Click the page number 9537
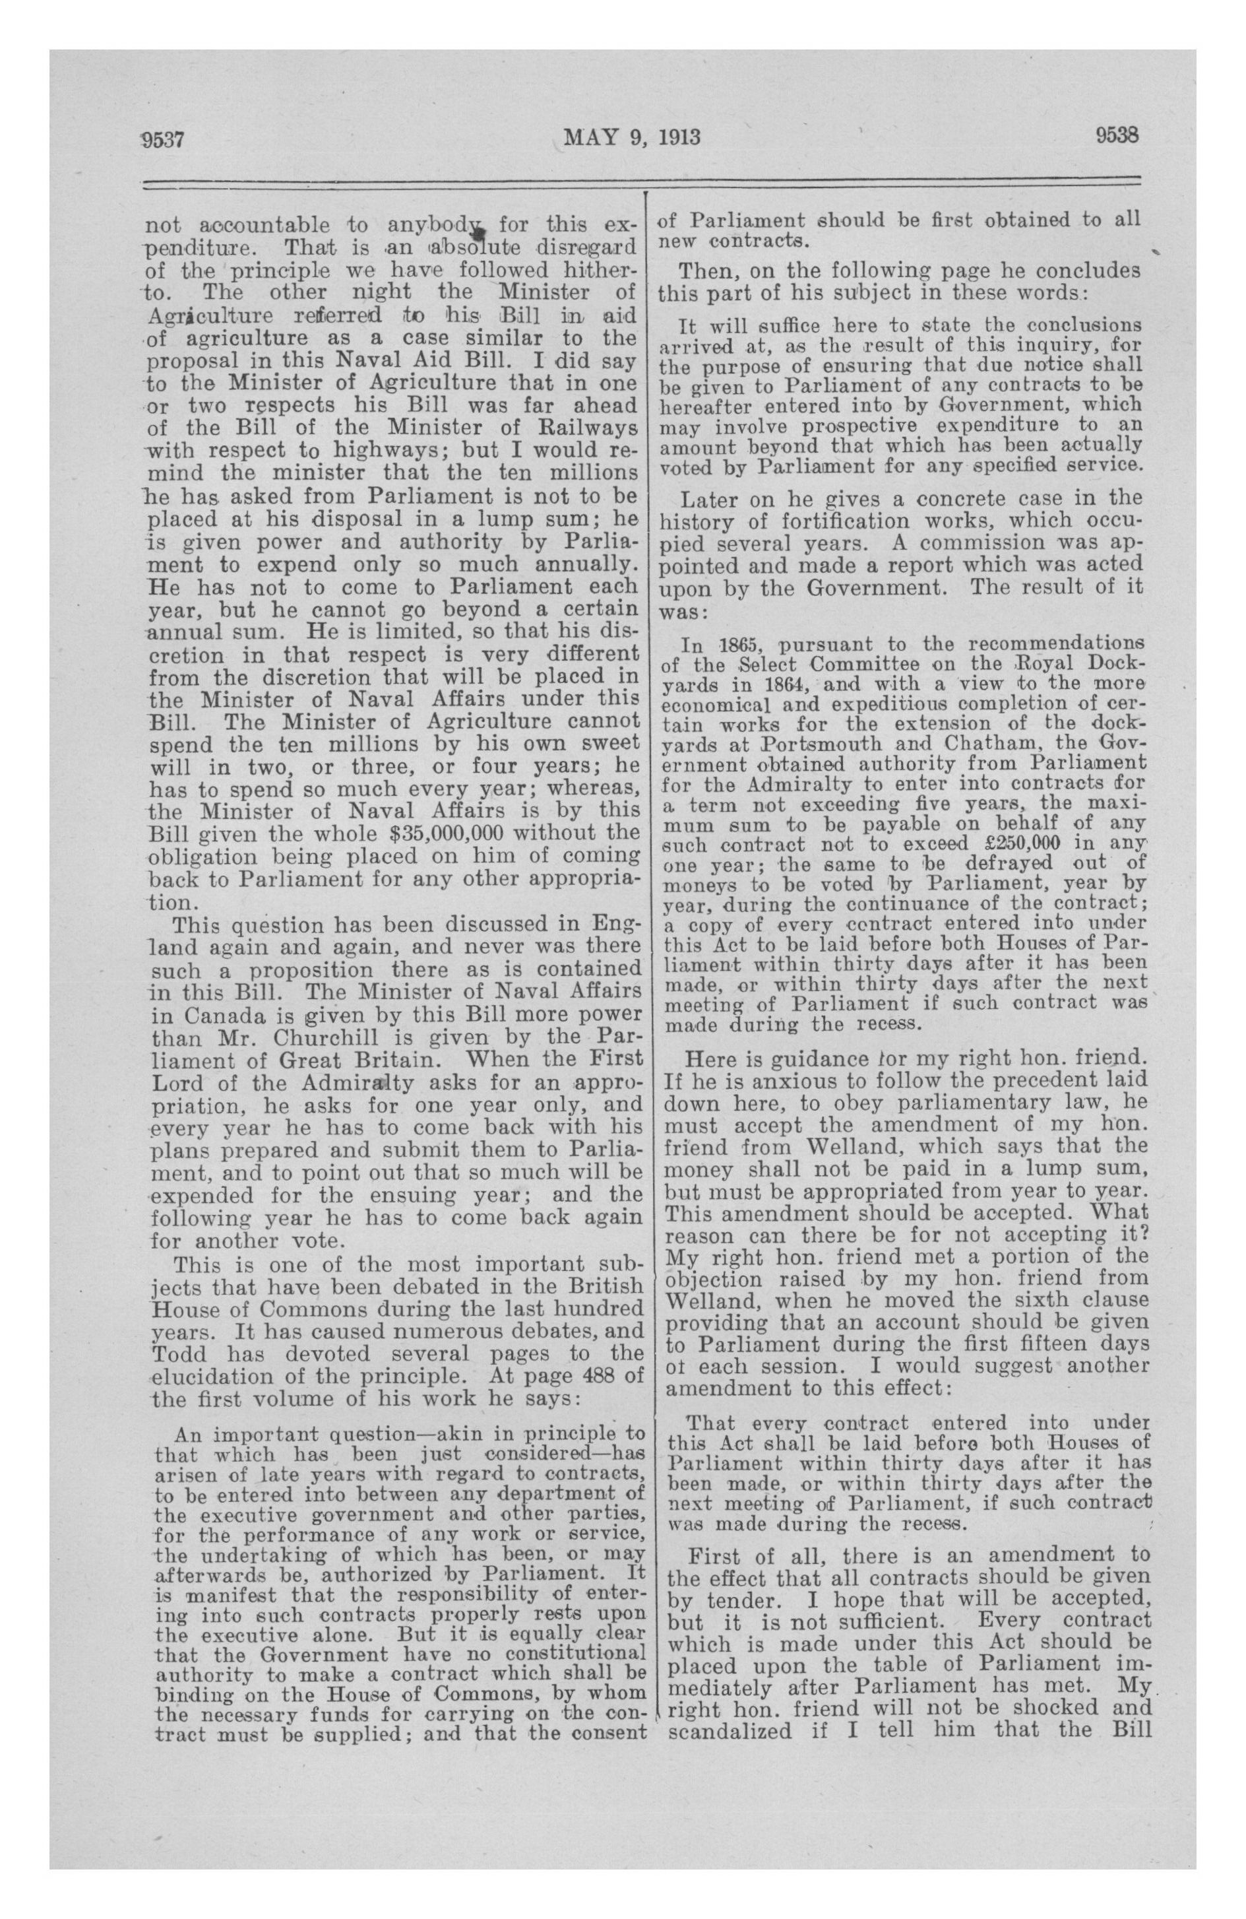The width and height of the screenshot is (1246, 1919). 164,139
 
